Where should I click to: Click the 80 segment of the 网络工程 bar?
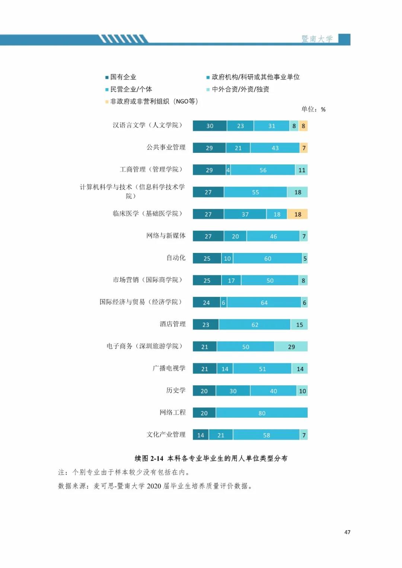(x=262, y=413)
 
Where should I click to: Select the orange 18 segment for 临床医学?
(x=297, y=214)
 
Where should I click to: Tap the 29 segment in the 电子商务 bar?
(x=291, y=347)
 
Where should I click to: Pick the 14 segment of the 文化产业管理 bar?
(x=200, y=435)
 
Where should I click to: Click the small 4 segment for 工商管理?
(x=228, y=170)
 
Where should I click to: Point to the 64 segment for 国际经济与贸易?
(x=264, y=302)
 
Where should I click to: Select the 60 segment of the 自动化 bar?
(x=268, y=259)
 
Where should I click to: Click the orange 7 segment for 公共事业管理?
(x=304, y=148)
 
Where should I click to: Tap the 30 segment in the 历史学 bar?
(x=233, y=391)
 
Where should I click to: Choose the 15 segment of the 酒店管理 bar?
(x=299, y=325)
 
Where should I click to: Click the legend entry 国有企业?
(x=123, y=77)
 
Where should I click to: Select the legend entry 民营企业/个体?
(x=131, y=89)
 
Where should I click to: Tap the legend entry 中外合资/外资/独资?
(x=240, y=89)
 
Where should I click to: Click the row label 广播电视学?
(x=169, y=368)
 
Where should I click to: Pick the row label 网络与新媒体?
(x=166, y=235)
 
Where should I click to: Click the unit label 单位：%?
(x=313, y=109)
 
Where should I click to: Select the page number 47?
(x=347, y=532)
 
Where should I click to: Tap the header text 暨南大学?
(x=317, y=39)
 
